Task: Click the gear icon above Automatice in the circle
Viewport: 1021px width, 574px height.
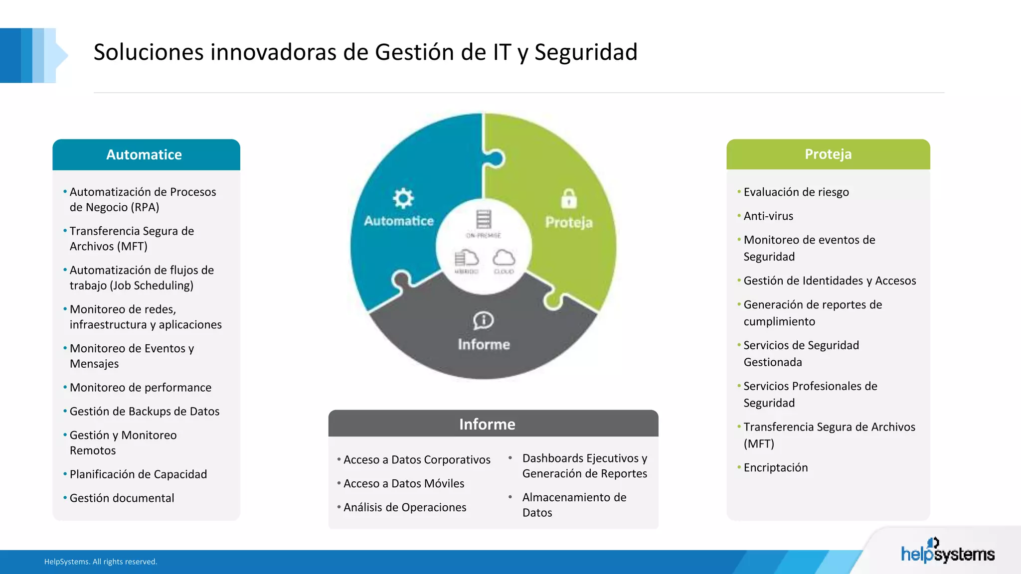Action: coord(403,198)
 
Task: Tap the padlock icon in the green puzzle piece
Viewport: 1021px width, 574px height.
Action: coord(569,198)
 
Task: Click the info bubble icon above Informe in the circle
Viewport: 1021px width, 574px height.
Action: coord(483,320)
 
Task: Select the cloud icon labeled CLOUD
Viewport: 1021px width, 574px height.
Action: coord(504,258)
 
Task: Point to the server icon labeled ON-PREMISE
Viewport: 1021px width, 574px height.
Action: coord(483,219)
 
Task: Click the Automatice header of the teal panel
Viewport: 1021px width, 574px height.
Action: coord(144,154)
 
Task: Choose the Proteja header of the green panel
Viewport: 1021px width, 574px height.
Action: coord(828,154)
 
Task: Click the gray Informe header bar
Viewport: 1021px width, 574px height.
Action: coord(487,424)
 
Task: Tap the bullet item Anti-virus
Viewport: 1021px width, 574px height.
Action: coord(768,216)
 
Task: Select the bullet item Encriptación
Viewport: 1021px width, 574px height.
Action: coord(775,467)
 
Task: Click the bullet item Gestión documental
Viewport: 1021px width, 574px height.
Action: coord(122,498)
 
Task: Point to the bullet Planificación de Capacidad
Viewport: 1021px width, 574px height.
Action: coord(138,474)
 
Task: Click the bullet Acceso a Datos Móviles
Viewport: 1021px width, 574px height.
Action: coord(403,483)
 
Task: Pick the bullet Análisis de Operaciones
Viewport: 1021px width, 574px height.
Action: coord(404,507)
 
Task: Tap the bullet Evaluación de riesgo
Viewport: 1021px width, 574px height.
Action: coord(796,192)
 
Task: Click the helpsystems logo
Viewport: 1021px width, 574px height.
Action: coord(947,552)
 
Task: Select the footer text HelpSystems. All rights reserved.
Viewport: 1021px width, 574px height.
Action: coord(101,562)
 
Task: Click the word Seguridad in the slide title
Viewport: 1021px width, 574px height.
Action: coord(586,52)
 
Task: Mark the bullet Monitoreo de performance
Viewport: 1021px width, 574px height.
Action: coord(140,387)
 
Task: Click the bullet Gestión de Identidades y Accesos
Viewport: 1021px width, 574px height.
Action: coord(830,281)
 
